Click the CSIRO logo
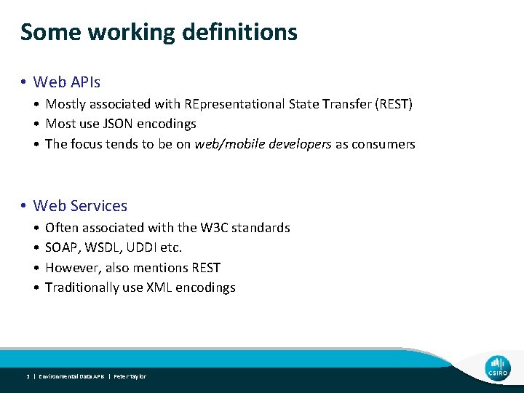tap(499, 368)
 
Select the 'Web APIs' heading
tap(67, 82)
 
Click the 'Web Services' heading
tap(80, 206)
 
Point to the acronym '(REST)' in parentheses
tap(392, 104)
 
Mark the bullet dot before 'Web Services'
tap(25, 207)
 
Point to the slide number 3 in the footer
tap(27, 376)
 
